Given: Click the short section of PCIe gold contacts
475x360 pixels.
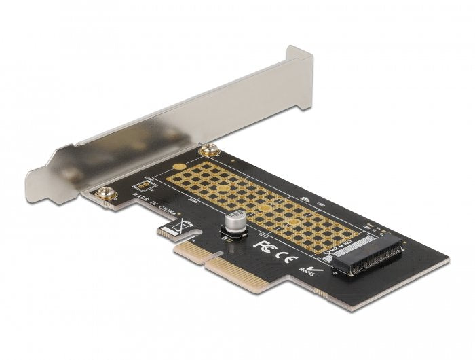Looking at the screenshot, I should [187, 256].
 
